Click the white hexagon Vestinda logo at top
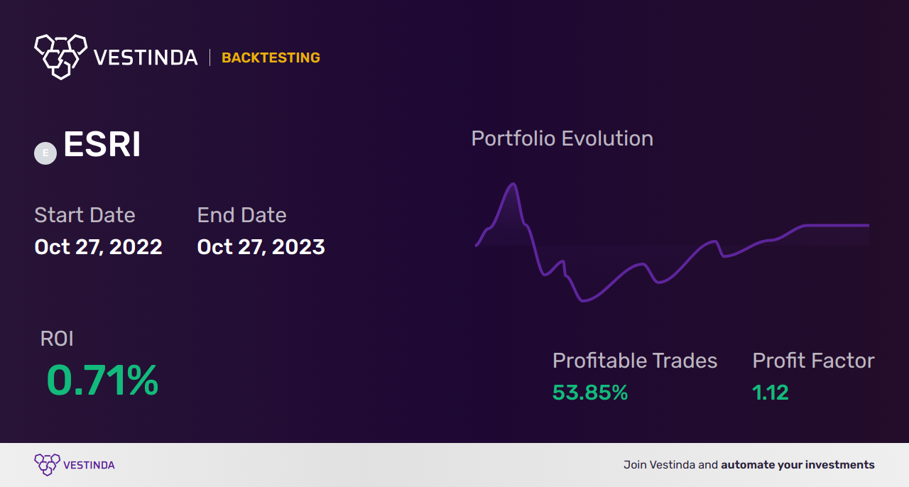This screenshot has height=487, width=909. coord(61,57)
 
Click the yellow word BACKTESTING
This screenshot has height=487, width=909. coord(271,58)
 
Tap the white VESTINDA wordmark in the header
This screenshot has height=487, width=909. coord(146,58)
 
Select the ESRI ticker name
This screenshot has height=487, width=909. coord(102,144)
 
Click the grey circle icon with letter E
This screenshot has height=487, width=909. coord(45,153)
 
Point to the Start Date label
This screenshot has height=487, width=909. coord(85,215)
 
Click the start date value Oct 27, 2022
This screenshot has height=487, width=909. coord(98,247)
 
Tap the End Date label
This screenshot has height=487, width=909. coord(242,215)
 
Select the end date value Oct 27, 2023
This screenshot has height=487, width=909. coord(261,247)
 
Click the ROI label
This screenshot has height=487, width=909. coord(57,339)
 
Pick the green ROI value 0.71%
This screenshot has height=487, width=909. coord(102,381)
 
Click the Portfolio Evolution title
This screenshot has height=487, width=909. coord(562,138)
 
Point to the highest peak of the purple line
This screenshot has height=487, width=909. coord(513,184)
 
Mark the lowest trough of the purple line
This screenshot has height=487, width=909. coord(583,301)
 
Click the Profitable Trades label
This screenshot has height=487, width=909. coord(635,361)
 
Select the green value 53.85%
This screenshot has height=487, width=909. coord(590,393)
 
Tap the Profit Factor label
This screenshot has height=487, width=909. coord(813,361)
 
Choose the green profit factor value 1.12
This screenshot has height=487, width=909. coord(771,393)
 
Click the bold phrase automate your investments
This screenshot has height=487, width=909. coord(798,465)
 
